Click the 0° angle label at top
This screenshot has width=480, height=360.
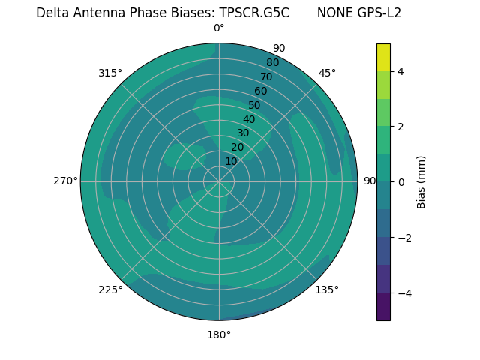coord(219,28)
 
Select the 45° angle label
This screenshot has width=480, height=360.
coord(327,73)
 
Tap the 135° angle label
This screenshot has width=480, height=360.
coord(327,289)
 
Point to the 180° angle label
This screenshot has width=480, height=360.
coord(219,334)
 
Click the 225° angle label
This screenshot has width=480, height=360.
coord(110,289)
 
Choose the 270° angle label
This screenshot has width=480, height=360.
coord(65,181)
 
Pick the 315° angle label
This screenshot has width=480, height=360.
coord(110,73)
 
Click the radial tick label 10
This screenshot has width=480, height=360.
coord(231,161)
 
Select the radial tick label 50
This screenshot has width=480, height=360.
coord(254,106)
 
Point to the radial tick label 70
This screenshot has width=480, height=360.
coord(266,77)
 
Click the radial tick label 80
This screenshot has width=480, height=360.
coord(272,63)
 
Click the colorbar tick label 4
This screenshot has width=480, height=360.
coord(400,71)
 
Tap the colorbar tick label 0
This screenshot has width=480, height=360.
coord(400,182)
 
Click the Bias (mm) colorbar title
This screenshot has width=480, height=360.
coord(421,182)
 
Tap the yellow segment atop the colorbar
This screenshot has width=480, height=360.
coord(383,57)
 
